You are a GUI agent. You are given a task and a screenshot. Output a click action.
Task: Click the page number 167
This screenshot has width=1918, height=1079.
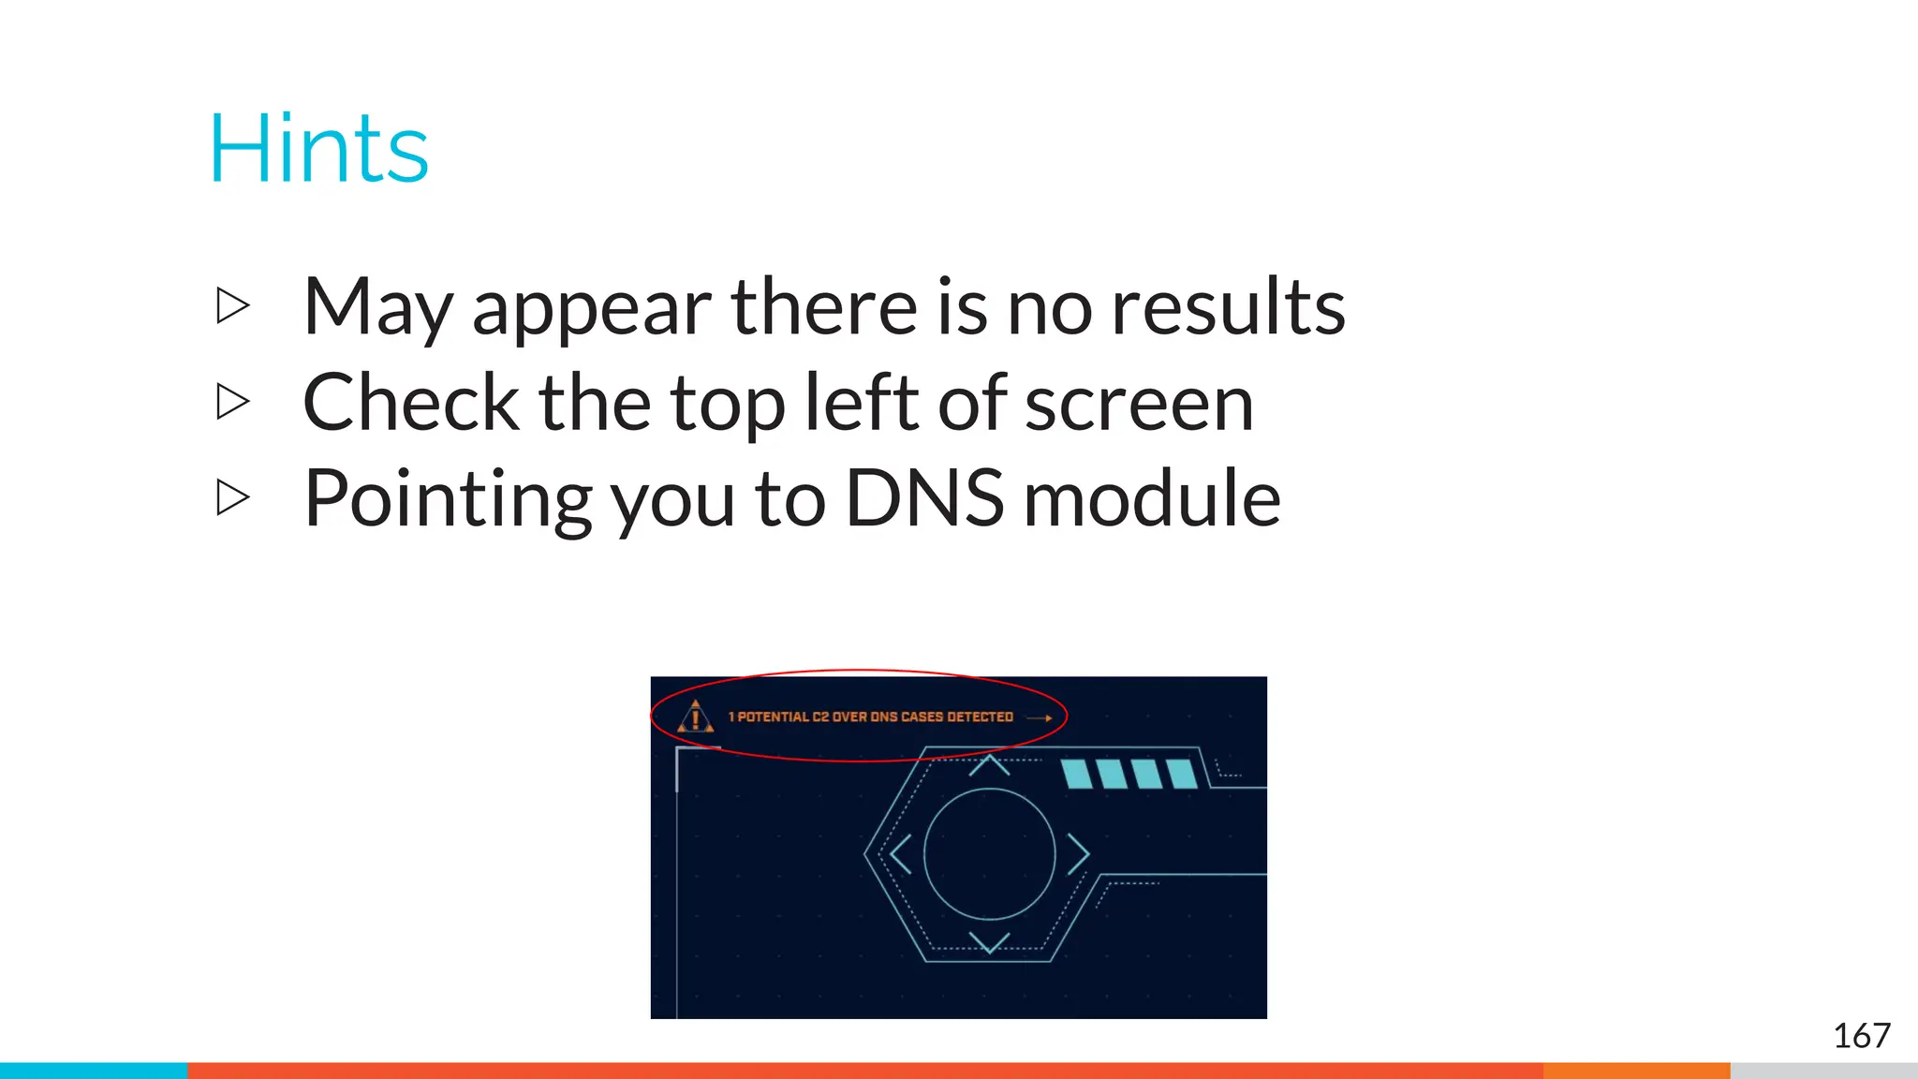click(1861, 1036)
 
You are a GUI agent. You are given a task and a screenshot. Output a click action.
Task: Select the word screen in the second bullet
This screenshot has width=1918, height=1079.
click(1139, 403)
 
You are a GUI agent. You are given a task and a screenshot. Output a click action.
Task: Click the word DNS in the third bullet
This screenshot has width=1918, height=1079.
click(924, 498)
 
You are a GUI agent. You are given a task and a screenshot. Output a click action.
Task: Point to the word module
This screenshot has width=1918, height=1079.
click(1152, 498)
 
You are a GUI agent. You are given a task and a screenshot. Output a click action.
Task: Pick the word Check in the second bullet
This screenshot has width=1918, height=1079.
click(411, 403)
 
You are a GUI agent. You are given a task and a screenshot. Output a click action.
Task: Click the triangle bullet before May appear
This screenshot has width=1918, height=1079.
click(232, 305)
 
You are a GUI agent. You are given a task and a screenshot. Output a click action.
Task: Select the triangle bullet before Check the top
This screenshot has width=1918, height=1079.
click(232, 402)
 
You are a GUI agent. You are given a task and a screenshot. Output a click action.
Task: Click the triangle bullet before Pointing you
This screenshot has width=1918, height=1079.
click(232, 497)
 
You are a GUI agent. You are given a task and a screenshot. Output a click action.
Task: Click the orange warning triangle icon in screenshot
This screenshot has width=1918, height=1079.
click(695, 717)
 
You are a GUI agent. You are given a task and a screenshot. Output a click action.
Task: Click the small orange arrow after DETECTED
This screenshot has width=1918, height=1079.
click(1040, 717)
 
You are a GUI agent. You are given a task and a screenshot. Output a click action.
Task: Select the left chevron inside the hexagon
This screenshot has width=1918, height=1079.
click(901, 854)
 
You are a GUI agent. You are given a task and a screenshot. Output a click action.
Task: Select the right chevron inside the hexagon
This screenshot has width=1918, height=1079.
click(1078, 854)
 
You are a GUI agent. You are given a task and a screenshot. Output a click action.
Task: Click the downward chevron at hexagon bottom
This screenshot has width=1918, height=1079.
click(989, 941)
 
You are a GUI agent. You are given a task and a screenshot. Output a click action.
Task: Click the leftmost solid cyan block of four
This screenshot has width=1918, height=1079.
click(1076, 775)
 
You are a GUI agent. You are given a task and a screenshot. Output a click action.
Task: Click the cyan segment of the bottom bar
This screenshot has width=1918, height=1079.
click(94, 1071)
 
